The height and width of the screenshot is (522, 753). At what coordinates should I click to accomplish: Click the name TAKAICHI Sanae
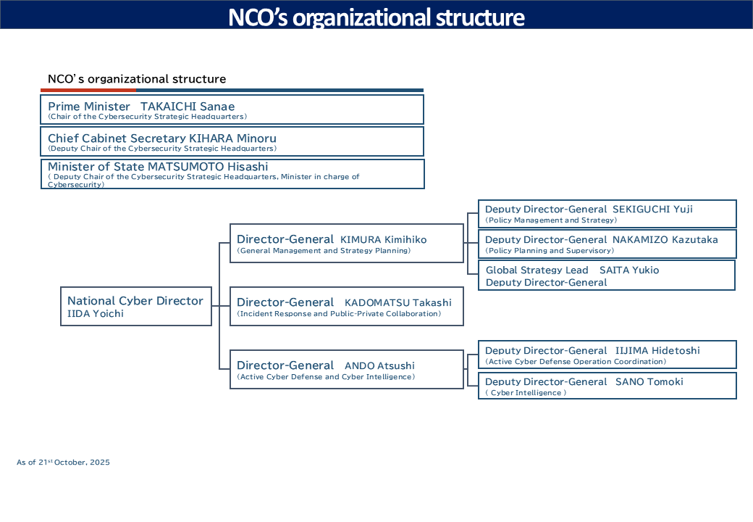point(188,107)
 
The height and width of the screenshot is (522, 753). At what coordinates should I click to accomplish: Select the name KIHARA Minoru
point(232,138)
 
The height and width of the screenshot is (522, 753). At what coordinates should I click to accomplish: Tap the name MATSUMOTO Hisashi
point(208,167)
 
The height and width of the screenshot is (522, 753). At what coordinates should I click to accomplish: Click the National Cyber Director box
point(135,306)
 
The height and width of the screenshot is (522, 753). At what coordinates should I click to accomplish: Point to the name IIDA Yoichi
point(96,314)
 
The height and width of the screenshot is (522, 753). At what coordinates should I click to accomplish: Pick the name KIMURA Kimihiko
point(384,240)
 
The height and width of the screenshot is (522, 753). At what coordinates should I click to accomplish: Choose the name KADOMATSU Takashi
point(397,302)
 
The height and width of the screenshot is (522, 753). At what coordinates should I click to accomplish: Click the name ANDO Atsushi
point(379,366)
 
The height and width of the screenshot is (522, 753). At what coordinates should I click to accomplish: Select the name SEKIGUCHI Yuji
point(653,210)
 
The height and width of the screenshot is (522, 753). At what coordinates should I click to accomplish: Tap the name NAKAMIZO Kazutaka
point(665,240)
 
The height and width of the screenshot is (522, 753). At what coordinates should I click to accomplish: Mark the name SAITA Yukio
point(629,270)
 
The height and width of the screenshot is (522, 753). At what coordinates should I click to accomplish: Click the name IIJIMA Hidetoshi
point(657,351)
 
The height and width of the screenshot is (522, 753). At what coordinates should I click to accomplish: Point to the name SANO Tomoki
point(649,382)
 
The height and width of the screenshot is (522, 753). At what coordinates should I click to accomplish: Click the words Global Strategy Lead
point(537,270)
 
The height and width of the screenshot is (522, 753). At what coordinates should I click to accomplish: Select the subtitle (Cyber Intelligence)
point(526,393)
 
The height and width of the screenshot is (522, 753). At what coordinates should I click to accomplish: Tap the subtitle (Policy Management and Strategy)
point(551,220)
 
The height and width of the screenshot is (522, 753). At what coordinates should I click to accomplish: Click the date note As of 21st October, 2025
point(64,462)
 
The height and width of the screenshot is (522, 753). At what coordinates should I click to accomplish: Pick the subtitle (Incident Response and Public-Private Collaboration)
point(339,314)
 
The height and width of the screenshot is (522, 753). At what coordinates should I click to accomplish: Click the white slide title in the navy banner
point(376,17)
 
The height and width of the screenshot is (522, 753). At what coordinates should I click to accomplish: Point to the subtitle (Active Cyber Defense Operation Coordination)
point(576,362)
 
